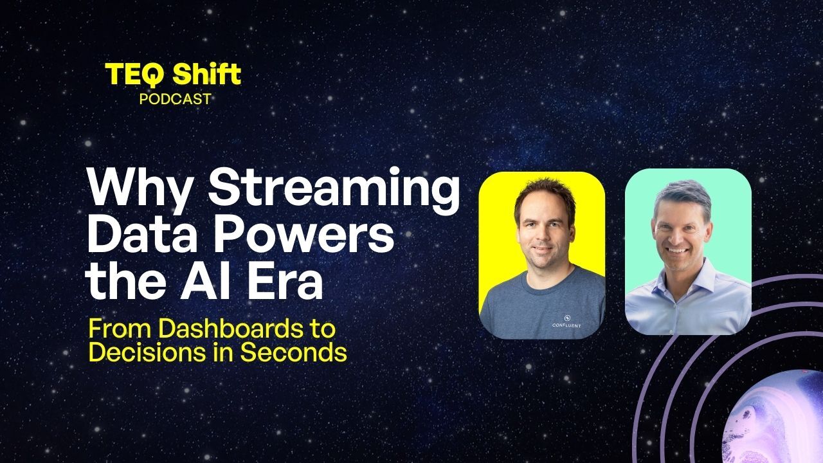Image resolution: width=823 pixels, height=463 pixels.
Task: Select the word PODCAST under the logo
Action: [175, 99]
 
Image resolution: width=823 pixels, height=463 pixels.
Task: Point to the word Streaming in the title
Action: [334, 190]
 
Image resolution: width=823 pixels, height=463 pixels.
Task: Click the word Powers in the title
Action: [304, 235]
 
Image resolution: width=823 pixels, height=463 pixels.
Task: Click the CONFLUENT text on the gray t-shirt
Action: [566, 325]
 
